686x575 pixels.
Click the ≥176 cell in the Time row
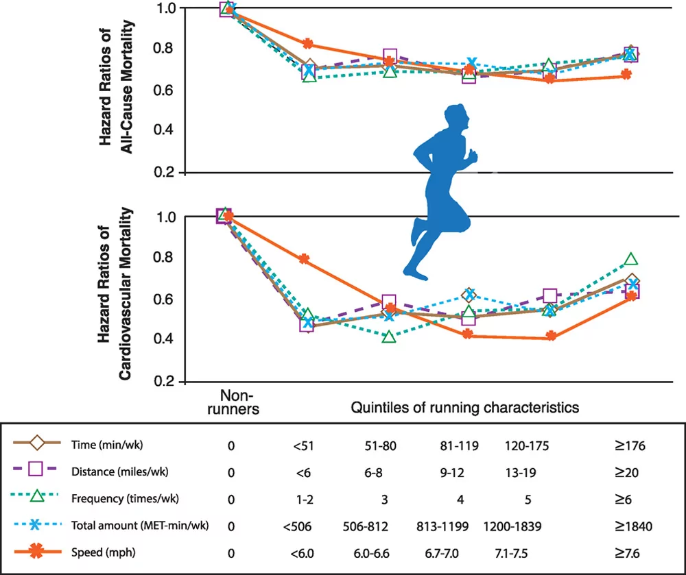(x=631, y=445)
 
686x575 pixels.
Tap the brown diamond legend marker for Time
(x=37, y=445)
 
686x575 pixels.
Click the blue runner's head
(x=456, y=119)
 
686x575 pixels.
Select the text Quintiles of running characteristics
(x=465, y=407)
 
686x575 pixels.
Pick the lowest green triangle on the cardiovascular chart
(x=389, y=337)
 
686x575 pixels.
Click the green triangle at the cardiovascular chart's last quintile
(x=631, y=260)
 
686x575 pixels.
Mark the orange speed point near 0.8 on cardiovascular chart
(x=303, y=259)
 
